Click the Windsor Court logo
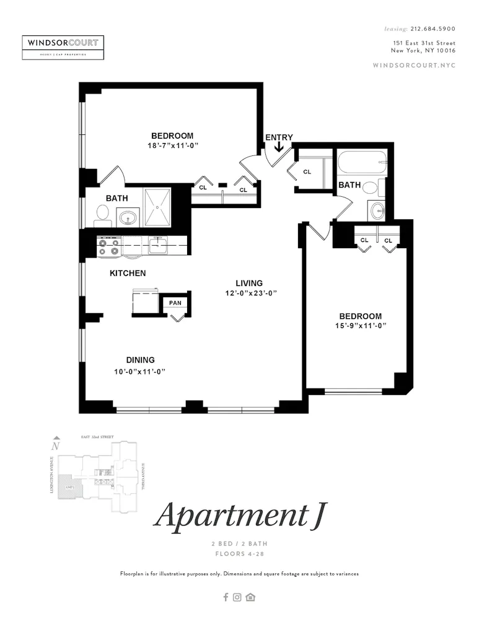pos(63,48)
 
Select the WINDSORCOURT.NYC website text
pos(415,66)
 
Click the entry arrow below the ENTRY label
pos(279,147)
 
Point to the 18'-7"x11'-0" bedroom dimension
pos(172,145)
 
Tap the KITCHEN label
pos(128,273)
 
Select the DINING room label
pos(140,360)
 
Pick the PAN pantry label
pos(175,303)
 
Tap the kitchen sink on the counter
pos(157,246)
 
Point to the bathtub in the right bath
pos(363,164)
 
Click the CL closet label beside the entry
pos(307,172)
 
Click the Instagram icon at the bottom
pos(237,597)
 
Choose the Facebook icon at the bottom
pos(226,597)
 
